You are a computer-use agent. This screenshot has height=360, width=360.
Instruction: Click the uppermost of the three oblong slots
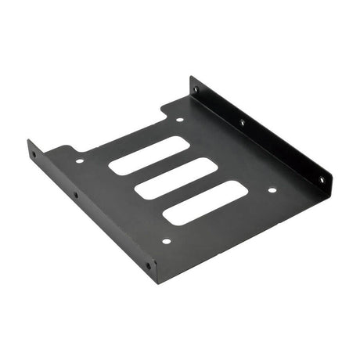[x=149, y=155]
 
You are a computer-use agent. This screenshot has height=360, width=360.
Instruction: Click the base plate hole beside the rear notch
[x=179, y=120]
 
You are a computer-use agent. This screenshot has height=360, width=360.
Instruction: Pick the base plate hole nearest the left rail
[x=79, y=161]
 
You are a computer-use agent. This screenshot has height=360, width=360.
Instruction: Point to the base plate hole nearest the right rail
[x=272, y=189]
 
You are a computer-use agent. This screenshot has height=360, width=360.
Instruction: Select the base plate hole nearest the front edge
[x=165, y=241]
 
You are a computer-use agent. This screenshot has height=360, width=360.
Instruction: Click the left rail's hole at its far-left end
[x=33, y=154]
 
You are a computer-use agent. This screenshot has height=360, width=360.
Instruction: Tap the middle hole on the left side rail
[x=76, y=195]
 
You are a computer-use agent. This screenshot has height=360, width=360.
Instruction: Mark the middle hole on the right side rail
[x=242, y=122]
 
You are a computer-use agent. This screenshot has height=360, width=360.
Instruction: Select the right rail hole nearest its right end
[x=321, y=179]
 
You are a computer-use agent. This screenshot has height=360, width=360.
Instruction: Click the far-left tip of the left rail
[x=28, y=143]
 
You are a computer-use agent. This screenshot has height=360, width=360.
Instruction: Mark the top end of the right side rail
[x=191, y=77]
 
